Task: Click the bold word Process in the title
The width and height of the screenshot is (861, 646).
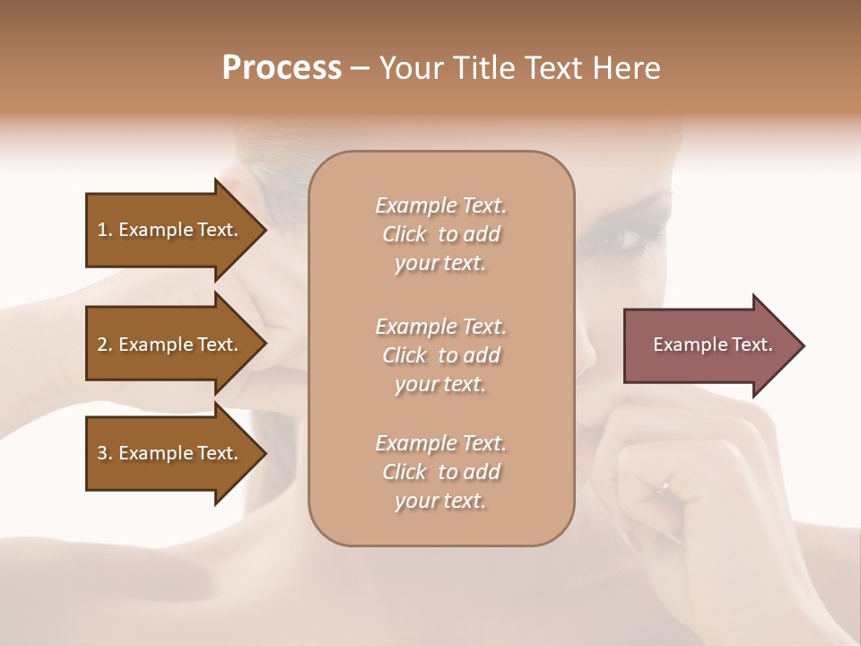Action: point(282,68)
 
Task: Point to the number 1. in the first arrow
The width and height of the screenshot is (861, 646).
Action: point(105,230)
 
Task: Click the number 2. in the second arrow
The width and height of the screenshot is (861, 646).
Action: point(105,345)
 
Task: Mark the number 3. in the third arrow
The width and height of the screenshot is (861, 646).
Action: point(105,453)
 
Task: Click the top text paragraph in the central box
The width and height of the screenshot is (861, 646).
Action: point(440,234)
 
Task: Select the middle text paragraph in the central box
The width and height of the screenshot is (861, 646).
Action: point(440,354)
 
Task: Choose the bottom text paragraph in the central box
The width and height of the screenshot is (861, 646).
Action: point(440,472)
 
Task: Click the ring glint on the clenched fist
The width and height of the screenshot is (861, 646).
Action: point(663,486)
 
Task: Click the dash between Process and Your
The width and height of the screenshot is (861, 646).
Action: point(361,68)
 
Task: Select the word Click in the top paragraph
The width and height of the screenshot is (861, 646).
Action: point(404,234)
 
